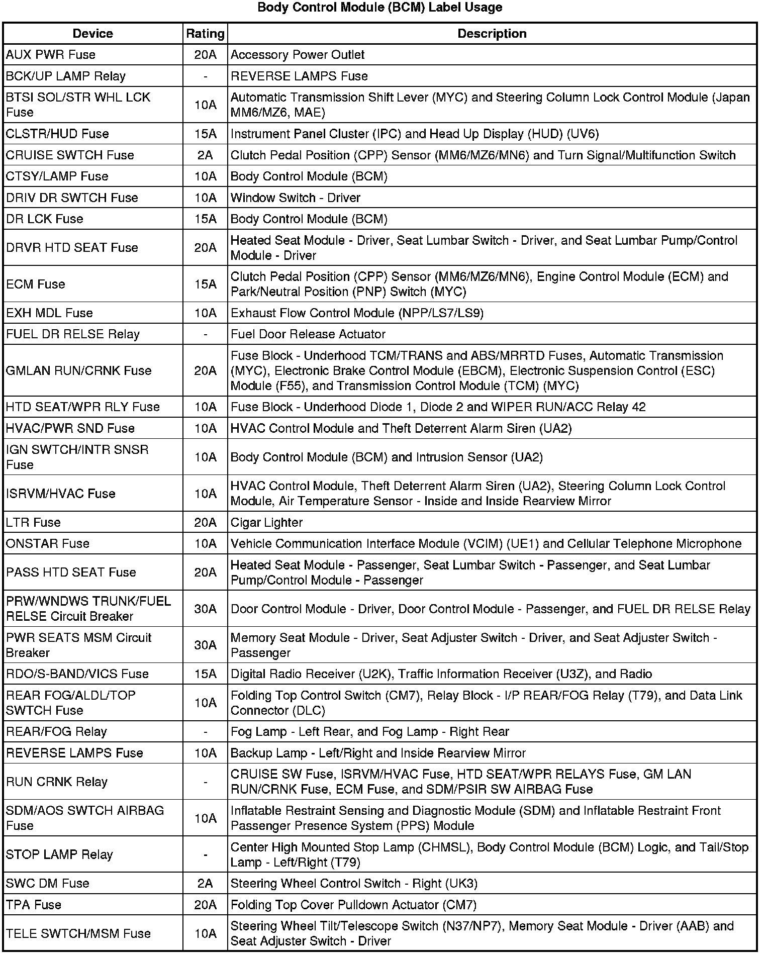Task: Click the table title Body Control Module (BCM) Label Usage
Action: click(379, 8)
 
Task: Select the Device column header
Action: click(93, 34)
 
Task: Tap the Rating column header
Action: click(205, 34)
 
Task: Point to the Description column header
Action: click(492, 34)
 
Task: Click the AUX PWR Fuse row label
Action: click(51, 55)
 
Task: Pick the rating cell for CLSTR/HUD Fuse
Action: click(205, 134)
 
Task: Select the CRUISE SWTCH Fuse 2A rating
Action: click(205, 155)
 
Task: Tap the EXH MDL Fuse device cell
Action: click(50, 313)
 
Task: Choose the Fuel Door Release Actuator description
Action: click(308, 334)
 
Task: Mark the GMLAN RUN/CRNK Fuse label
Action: click(79, 371)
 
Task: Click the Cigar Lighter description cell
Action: click(266, 523)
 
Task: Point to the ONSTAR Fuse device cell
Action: click(48, 544)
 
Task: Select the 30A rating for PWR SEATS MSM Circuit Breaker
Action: click(205, 645)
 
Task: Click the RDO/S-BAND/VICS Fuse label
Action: click(77, 674)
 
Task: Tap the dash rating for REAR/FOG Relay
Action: click(205, 732)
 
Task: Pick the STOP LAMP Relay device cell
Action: click(59, 854)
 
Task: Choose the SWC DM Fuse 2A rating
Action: click(205, 884)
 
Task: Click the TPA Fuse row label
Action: click(34, 905)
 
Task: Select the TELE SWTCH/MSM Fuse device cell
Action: click(78, 933)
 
